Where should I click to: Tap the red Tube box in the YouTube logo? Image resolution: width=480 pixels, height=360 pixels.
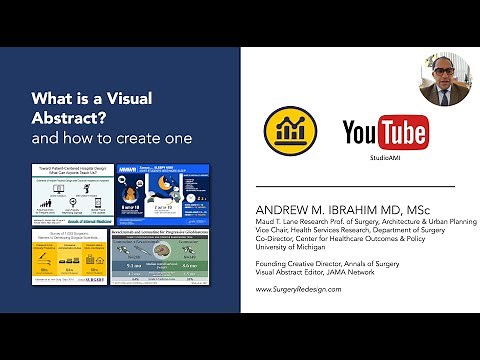402,132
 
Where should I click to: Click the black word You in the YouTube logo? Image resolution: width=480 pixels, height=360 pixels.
361,132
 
